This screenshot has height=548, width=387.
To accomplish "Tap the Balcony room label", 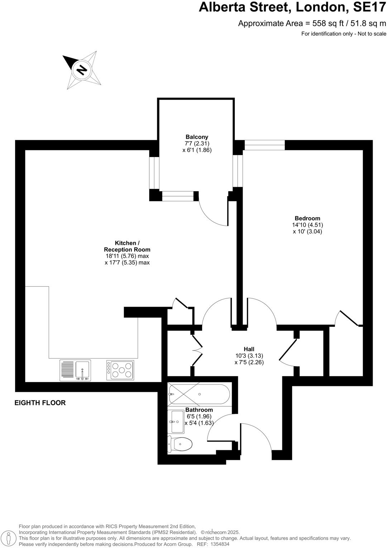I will [x=197, y=137].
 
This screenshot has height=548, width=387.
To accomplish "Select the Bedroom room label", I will [x=307, y=218].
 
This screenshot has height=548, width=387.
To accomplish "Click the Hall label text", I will [x=249, y=349].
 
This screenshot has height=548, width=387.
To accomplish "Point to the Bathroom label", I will [x=199, y=410].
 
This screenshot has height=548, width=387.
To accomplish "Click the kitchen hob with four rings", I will [x=120, y=370].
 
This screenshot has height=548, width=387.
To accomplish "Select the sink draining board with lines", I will [x=67, y=370].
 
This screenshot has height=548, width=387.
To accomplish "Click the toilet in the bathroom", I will [x=181, y=445].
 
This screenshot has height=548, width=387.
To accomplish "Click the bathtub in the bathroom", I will [x=199, y=394].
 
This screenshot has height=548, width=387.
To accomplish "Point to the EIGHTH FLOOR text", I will [x=40, y=403].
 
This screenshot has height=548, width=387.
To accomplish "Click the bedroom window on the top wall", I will [x=264, y=145].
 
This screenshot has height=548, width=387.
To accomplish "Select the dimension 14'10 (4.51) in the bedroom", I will [x=307, y=225].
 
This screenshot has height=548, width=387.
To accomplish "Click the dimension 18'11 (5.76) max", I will [x=127, y=256].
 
